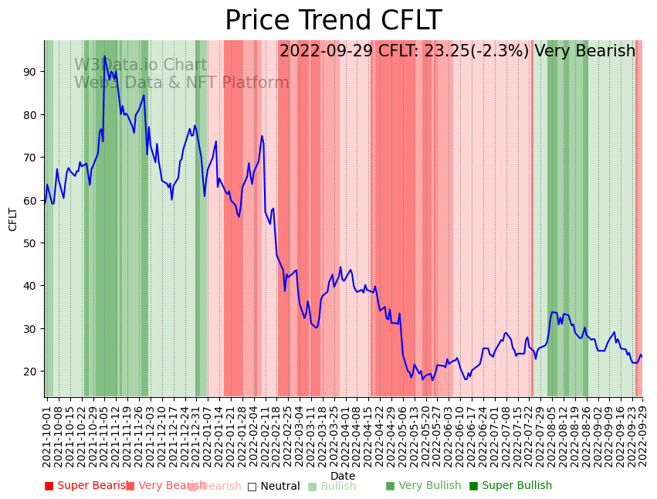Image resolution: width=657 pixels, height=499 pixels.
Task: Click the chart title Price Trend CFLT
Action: pyautogui.click(x=333, y=21)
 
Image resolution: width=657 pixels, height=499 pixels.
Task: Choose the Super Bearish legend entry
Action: pyautogui.click(x=87, y=486)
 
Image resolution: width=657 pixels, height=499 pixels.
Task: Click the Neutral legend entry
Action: pyautogui.click(x=273, y=486)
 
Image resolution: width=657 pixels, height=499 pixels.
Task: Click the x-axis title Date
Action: pyautogui.click(x=343, y=477)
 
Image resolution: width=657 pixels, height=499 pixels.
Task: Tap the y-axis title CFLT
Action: pyautogui.click(x=13, y=219)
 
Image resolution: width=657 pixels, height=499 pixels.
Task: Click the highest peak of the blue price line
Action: pyautogui.click(x=104, y=56)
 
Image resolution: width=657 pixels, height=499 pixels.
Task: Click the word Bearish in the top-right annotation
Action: pyautogui.click(x=606, y=52)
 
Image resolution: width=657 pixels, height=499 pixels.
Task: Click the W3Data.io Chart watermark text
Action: pyautogui.click(x=141, y=66)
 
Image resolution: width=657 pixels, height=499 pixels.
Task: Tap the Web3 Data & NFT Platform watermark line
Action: pyautogui.click(x=181, y=83)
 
